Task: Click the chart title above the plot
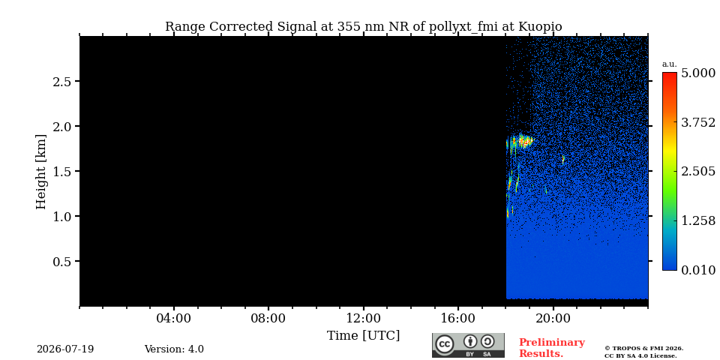tap(363, 27)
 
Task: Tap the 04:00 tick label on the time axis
tap(173, 318)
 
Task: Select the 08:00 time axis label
tap(268, 318)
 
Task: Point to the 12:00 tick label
tap(363, 318)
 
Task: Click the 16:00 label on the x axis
tap(457, 318)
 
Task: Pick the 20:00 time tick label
tap(553, 318)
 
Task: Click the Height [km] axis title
tap(41, 172)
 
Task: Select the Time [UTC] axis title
tap(363, 336)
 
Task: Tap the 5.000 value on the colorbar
tap(698, 73)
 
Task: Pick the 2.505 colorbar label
tap(698, 171)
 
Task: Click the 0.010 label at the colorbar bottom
tap(698, 270)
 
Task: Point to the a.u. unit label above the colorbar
tap(670, 64)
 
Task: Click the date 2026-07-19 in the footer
tap(65, 349)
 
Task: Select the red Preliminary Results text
tap(552, 348)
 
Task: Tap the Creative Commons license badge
tap(468, 345)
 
